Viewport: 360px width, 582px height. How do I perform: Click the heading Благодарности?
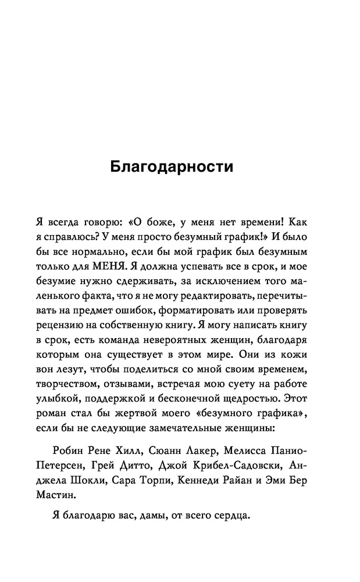click(x=172, y=167)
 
